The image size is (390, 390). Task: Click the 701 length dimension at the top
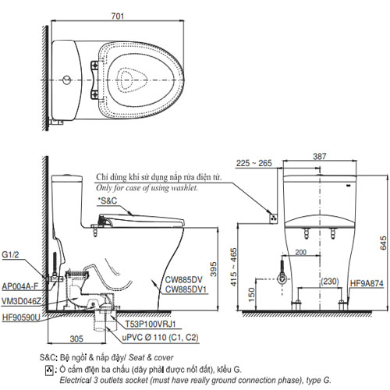[118, 16]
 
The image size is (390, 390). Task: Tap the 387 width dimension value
[319, 156]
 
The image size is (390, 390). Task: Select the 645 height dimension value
[383, 243]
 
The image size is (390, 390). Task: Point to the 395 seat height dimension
[213, 269]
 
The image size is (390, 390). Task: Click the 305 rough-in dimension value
[76, 339]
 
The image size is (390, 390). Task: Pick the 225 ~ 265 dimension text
[253, 163]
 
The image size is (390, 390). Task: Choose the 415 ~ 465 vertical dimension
[233, 267]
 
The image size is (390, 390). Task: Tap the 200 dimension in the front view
[301, 252]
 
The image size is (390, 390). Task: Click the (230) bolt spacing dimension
[330, 282]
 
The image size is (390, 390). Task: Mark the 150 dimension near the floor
[251, 294]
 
